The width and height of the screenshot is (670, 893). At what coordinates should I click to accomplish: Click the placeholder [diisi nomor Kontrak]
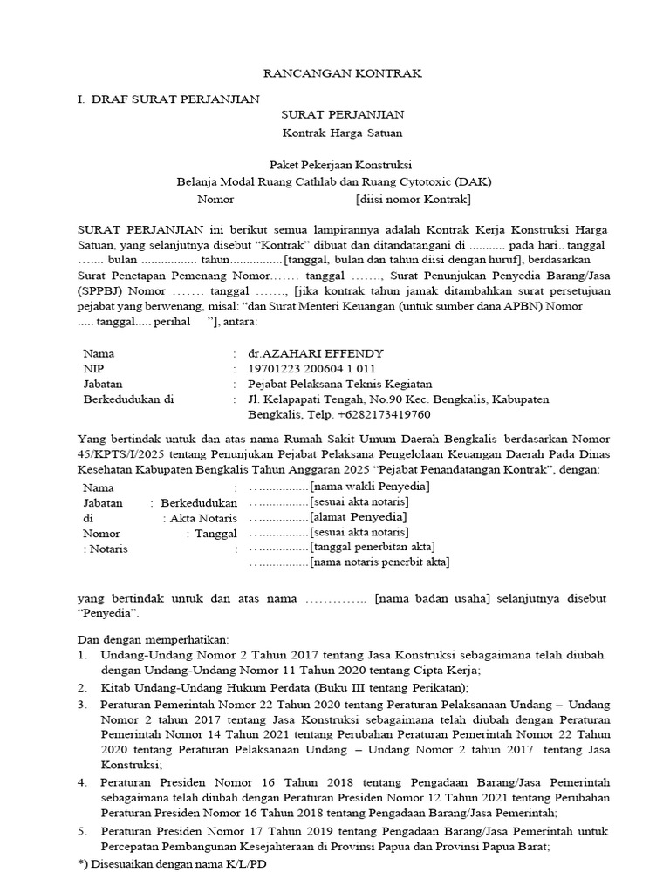[413, 200]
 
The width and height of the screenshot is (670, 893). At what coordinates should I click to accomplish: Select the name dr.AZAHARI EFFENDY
[315, 354]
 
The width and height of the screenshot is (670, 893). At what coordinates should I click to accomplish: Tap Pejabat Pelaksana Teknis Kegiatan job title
[339, 385]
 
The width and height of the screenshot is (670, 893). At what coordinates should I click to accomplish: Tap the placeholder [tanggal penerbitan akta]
[373, 547]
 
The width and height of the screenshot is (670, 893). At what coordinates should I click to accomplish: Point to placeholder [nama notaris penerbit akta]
[379, 562]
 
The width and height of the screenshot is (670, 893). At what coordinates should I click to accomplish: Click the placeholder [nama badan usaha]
[433, 599]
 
